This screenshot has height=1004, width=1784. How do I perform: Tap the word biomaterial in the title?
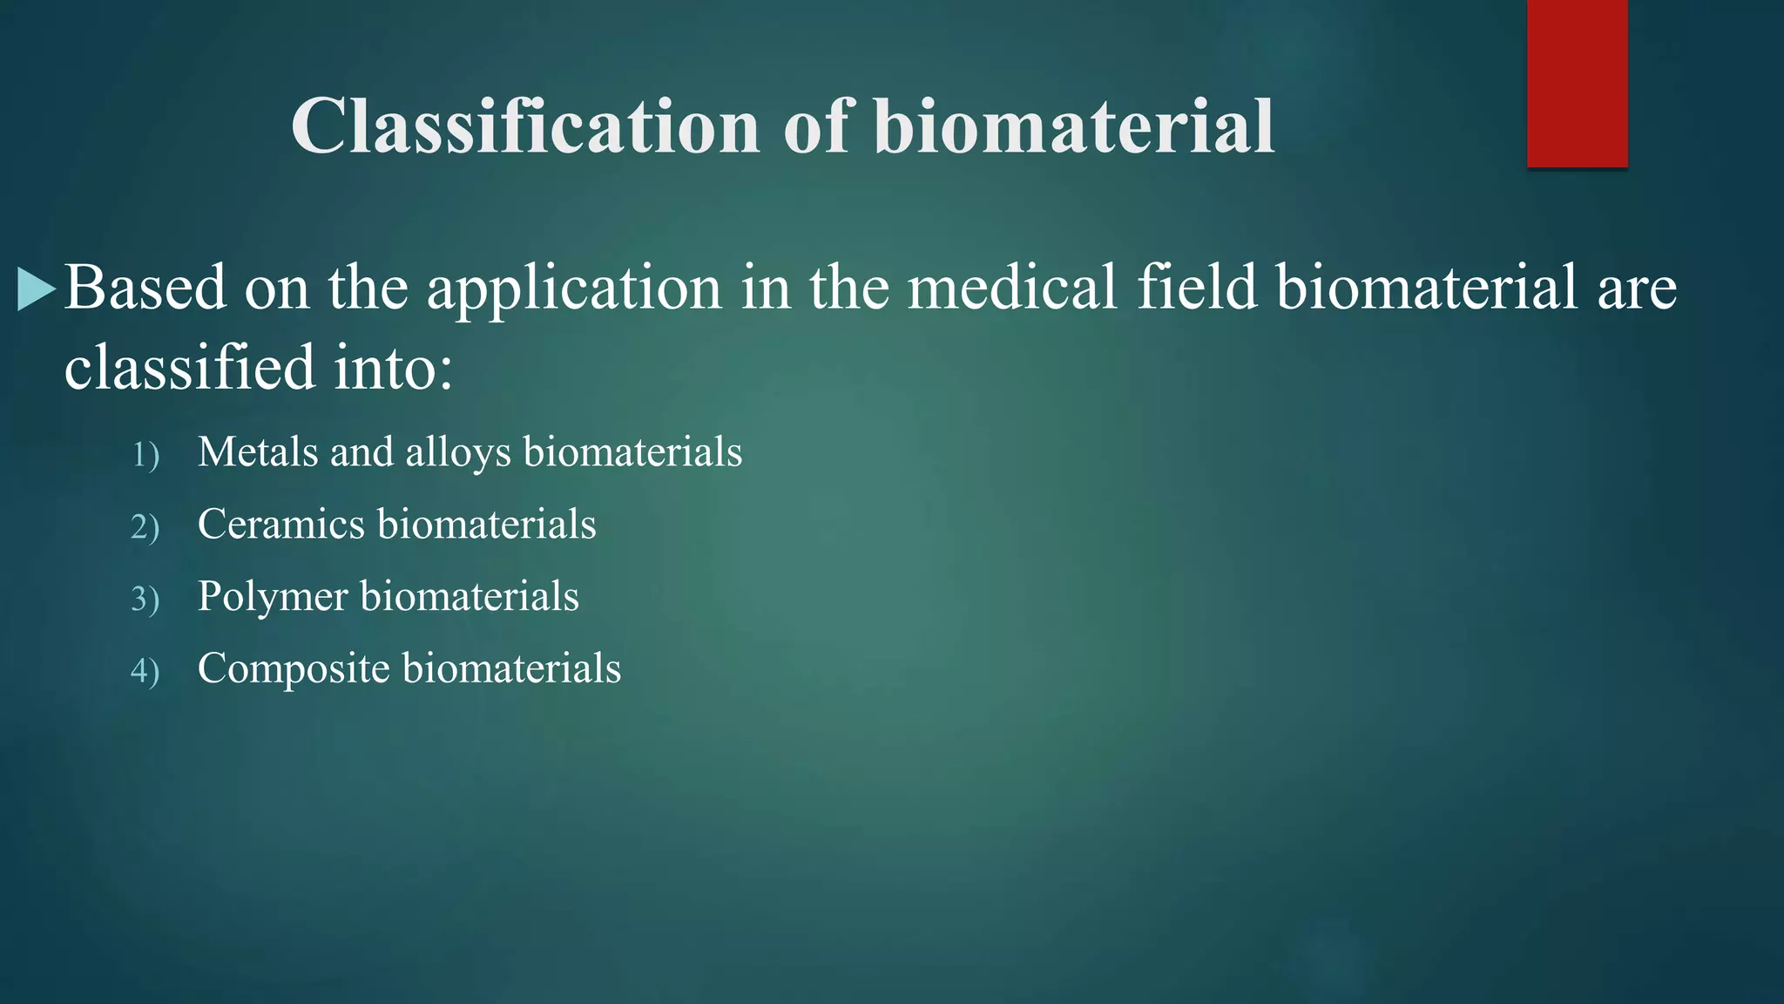[1074, 127]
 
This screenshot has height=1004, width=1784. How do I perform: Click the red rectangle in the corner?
[1577, 84]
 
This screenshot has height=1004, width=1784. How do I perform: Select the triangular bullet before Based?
[36, 289]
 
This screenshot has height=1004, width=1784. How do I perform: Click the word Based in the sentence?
[145, 288]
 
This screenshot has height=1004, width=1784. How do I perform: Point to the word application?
[574, 289]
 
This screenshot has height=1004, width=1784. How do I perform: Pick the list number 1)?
[145, 455]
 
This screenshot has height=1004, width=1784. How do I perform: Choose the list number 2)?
[145, 527]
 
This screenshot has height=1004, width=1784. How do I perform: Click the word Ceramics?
[280, 525]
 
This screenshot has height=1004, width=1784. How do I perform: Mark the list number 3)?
[145, 600]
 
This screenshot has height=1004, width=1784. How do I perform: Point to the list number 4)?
[145, 672]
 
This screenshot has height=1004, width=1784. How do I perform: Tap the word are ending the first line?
[1637, 289]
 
